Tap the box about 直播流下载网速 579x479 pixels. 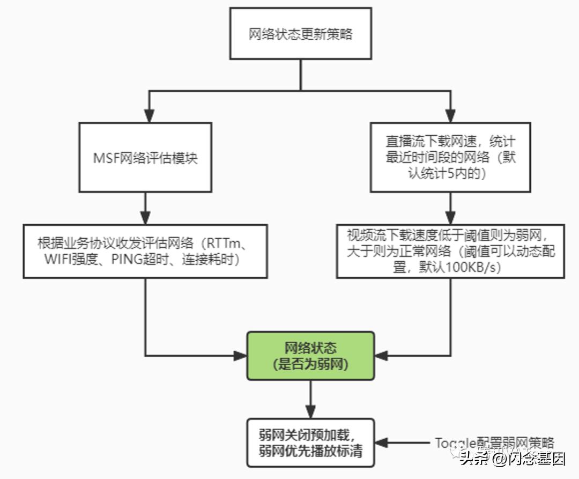pos(450,157)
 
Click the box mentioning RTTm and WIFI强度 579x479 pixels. pos(145,251)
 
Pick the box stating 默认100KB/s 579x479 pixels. pos(450,251)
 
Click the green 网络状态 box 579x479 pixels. pos(310,356)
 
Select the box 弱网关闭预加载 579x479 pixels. pos(310,443)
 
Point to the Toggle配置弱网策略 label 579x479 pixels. pos(493,443)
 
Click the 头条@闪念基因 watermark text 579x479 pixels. pos(512,459)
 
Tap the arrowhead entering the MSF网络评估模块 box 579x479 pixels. pos(150,116)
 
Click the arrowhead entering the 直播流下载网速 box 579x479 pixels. pos(450,116)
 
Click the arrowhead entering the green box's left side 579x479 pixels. pos(240,356)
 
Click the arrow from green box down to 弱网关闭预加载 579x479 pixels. pos(310,399)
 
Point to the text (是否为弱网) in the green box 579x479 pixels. pos(310,365)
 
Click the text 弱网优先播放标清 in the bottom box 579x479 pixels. pos(310,451)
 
